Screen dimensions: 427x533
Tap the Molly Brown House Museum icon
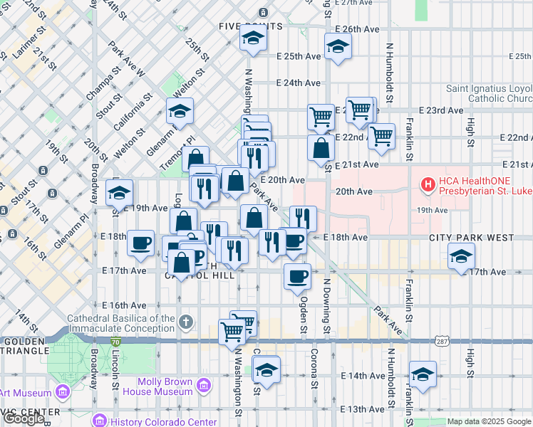coord(204,386)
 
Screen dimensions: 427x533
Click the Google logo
coord(24,418)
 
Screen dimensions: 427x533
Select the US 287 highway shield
coord(442,342)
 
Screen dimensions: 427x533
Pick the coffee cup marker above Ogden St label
coord(297,276)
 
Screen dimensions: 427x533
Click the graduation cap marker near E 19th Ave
coord(119,192)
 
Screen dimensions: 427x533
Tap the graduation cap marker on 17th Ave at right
coord(461,255)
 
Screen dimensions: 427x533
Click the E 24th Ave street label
coord(297,83)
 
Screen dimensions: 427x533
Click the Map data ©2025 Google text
coord(488,421)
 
